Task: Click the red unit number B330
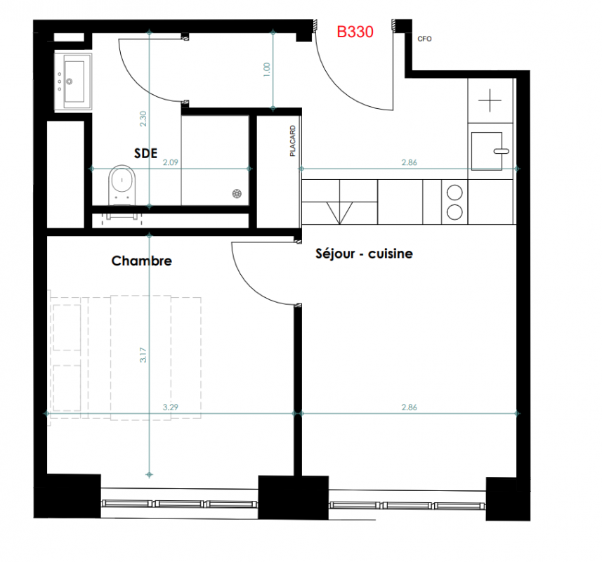pyautogui.click(x=355, y=32)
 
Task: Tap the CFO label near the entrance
pyautogui.click(x=424, y=39)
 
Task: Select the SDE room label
pyautogui.click(x=145, y=154)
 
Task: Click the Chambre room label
pyautogui.click(x=142, y=261)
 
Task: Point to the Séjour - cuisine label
pyautogui.click(x=364, y=254)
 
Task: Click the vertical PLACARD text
pyautogui.click(x=293, y=141)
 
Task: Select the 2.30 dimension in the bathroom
pyautogui.click(x=143, y=119)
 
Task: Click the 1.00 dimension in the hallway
pyautogui.click(x=267, y=70)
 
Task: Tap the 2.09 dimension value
pyautogui.click(x=171, y=162)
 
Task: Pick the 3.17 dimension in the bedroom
pyautogui.click(x=143, y=355)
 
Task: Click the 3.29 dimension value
pyautogui.click(x=171, y=407)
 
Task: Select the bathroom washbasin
pyautogui.click(x=73, y=81)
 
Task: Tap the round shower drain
pyautogui.click(x=237, y=194)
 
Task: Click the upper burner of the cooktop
pyautogui.click(x=454, y=192)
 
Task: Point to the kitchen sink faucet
pyautogui.click(x=501, y=151)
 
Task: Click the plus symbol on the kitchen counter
pyautogui.click(x=490, y=100)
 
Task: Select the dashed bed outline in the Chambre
pyautogui.click(x=125, y=358)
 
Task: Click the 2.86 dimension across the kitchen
pyautogui.click(x=410, y=162)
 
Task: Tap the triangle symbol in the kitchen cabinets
pyautogui.click(x=340, y=213)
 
